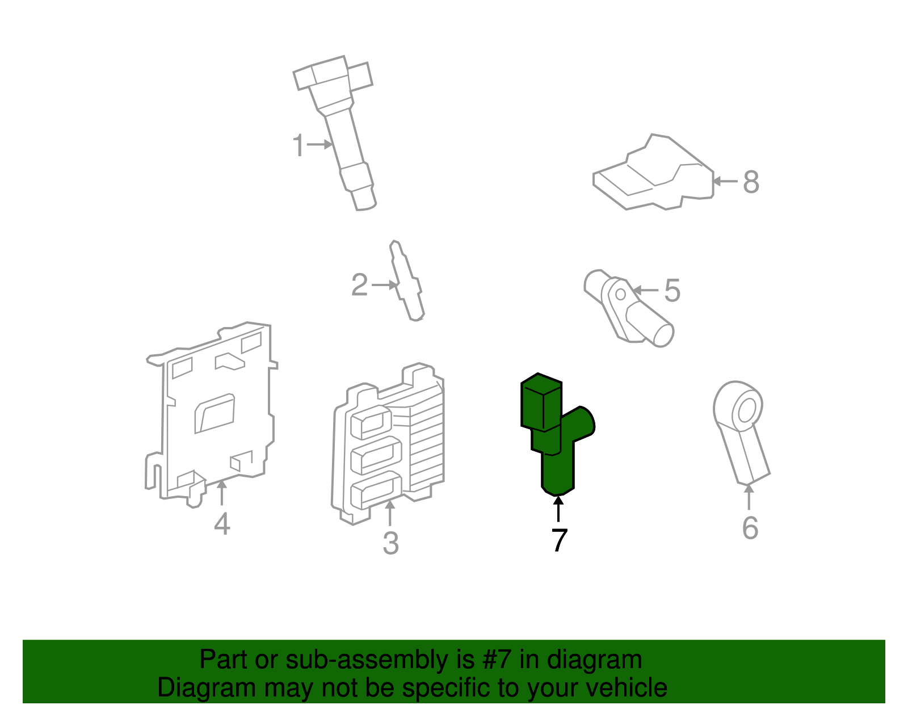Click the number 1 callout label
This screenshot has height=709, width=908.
[299, 145]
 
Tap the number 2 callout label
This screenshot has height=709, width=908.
[359, 285]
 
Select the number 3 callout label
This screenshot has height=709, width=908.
[390, 543]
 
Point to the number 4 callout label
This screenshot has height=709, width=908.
[222, 523]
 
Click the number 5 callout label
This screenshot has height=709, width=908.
[672, 291]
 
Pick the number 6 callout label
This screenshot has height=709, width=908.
[750, 528]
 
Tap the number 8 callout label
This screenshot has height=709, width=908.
[751, 182]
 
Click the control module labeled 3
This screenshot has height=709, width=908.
[389, 443]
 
